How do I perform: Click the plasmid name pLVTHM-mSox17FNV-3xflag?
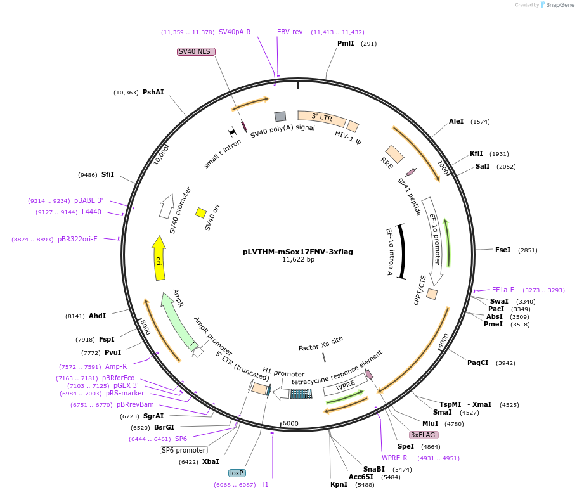click(297, 251)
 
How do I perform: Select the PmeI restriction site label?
click(493, 324)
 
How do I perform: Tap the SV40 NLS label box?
click(194, 51)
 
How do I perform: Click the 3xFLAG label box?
click(424, 435)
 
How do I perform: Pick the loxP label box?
click(237, 473)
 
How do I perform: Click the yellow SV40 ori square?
click(200, 212)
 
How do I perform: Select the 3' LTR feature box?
click(321, 117)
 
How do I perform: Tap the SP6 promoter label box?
click(184, 450)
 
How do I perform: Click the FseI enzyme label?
click(503, 250)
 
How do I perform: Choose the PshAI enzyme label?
click(153, 92)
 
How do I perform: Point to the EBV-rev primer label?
click(290, 32)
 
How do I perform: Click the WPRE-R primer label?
click(394, 458)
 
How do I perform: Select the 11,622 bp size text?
click(297, 260)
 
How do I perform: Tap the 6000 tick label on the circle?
click(290, 423)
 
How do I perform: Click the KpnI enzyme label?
click(339, 484)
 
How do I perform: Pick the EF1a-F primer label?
click(503, 290)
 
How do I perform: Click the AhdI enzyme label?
click(97, 315)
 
